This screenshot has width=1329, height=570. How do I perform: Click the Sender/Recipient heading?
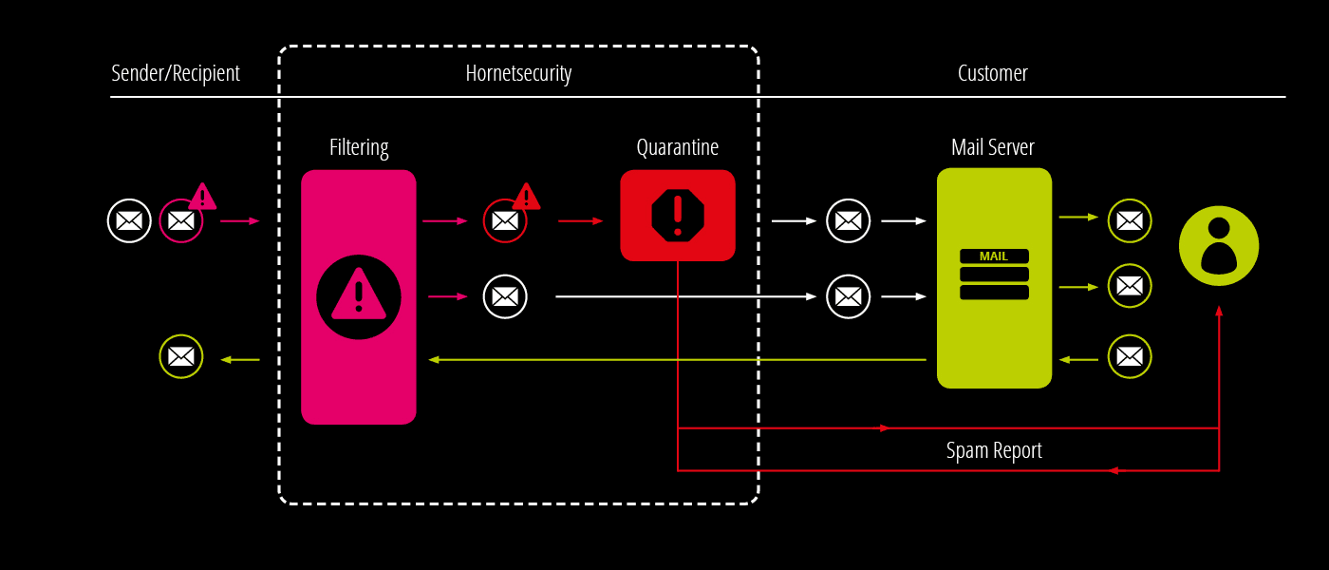(176, 74)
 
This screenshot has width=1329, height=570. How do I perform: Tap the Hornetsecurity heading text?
(518, 74)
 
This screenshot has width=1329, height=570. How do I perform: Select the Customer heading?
(993, 73)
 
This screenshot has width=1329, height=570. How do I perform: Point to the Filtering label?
(359, 147)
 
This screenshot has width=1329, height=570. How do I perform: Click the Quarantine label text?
(678, 147)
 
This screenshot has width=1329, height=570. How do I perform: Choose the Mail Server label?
(993, 147)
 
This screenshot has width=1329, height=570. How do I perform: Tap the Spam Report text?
(994, 450)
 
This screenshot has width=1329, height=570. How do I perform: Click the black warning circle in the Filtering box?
(359, 296)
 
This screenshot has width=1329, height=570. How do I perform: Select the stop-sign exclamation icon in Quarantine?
(678, 215)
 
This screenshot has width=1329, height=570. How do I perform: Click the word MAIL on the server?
(994, 256)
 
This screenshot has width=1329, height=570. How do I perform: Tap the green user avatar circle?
(1219, 246)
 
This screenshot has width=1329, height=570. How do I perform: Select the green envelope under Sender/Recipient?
(181, 356)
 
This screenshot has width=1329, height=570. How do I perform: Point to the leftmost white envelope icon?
(129, 220)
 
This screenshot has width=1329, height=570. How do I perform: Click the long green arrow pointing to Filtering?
(677, 360)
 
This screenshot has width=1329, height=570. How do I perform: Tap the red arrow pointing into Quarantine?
(580, 220)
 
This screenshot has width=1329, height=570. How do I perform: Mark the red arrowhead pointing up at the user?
(1219, 311)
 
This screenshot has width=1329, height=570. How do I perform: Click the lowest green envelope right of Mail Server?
(1130, 356)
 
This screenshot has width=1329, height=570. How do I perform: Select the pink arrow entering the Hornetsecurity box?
(239, 220)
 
